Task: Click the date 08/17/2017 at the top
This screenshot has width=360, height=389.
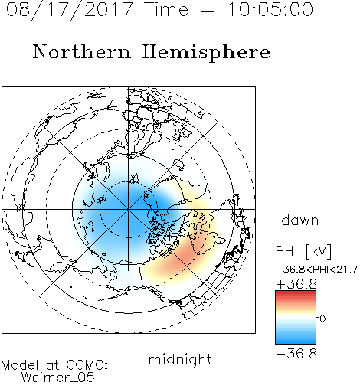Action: pos(70,9)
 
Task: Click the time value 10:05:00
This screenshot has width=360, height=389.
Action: pos(270,9)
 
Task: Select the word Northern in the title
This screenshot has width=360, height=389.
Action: pos(82,51)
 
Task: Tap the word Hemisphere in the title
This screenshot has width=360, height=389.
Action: pos(206,52)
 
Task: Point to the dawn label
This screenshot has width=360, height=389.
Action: pos(300,220)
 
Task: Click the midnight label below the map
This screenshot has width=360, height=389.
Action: pos(180,359)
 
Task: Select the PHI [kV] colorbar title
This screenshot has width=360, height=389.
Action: pos(303,251)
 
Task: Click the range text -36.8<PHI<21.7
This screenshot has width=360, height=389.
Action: pos(316,270)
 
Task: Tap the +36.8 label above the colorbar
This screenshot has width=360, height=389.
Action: pos(296,284)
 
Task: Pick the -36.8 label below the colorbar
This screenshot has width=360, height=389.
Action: pos(296,354)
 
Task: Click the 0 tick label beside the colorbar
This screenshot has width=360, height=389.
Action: pos(322,319)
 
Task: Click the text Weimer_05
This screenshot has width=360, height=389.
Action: pos(58,377)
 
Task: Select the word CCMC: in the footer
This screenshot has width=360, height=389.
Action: pos(87,365)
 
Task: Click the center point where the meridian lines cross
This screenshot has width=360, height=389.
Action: pos(129,209)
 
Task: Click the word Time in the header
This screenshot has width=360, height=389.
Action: pos(166,9)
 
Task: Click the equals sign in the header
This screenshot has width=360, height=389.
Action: pos(208,10)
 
